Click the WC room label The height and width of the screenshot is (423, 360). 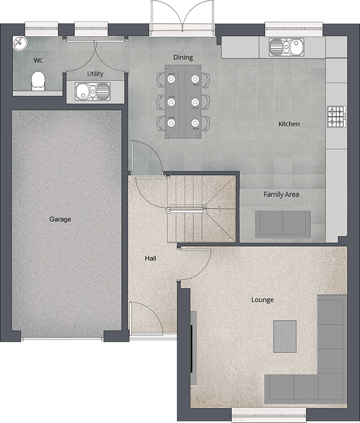[x=39, y=60]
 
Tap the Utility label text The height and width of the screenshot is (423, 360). [x=95, y=74]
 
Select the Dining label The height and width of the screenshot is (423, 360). [x=183, y=57]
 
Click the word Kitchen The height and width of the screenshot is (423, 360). [x=289, y=124]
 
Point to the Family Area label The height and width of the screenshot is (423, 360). [x=281, y=194]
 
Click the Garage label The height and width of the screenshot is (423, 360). [x=60, y=219]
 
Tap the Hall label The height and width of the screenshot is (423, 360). [x=150, y=258]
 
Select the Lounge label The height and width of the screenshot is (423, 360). [x=262, y=299]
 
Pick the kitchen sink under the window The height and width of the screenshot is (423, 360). [x=286, y=46]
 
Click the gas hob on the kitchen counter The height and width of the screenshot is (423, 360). [x=336, y=117]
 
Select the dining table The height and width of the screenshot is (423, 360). [x=183, y=101]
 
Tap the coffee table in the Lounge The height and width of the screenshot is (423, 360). [x=285, y=336]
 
